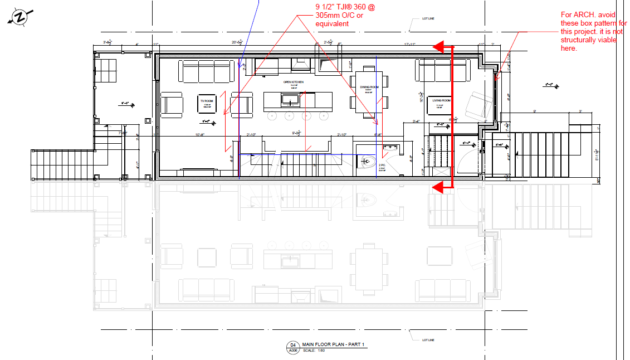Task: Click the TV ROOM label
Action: (207, 101)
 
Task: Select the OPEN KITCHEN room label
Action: (294, 82)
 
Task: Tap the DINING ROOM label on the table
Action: (366, 87)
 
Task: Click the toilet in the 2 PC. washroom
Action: (365, 162)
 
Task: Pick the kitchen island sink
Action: (290, 100)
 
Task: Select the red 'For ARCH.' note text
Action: (593, 32)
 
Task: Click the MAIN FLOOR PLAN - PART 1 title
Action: (333, 345)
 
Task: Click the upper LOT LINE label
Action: (428, 19)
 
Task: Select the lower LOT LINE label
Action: (428, 340)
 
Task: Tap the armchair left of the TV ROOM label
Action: (172, 104)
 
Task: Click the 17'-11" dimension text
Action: (411, 43)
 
